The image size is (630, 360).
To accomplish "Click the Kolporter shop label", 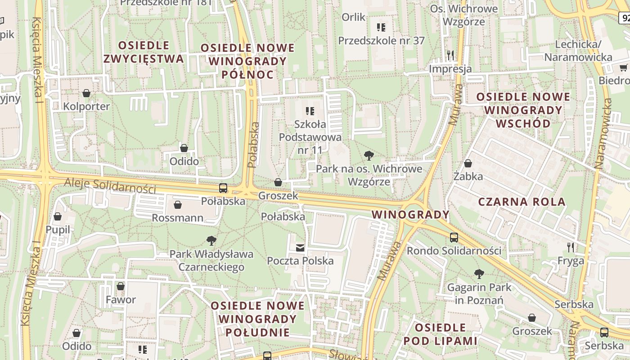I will [x=86, y=107].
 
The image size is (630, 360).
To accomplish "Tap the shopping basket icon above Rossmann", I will [x=178, y=205].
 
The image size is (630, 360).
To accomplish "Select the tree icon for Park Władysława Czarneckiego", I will [x=211, y=241].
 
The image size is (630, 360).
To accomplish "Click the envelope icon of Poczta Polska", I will [x=300, y=247].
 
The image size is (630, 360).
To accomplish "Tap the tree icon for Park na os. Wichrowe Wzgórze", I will [x=369, y=156].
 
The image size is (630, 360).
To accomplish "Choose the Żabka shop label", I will [x=468, y=176].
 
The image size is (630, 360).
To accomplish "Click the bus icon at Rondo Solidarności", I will [x=454, y=237].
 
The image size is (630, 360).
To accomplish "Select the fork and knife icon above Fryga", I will [x=571, y=247].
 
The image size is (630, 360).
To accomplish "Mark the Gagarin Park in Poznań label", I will [x=479, y=293].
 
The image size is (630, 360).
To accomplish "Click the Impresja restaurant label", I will [x=450, y=69].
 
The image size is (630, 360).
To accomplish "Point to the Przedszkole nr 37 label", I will [x=381, y=40].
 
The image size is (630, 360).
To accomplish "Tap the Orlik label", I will [x=353, y=17].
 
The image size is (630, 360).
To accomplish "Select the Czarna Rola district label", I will [x=522, y=202].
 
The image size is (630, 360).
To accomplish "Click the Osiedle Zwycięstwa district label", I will [x=143, y=52].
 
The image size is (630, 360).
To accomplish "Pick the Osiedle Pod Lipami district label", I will [x=440, y=334].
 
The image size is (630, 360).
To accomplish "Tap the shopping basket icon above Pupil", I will [x=58, y=217].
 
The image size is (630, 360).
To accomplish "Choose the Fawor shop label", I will [x=121, y=300].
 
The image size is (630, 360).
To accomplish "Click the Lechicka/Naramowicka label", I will [x=578, y=51].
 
